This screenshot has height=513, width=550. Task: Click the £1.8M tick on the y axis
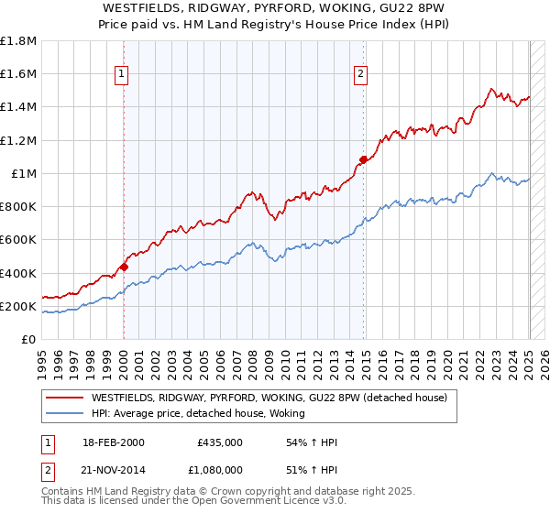(18, 41)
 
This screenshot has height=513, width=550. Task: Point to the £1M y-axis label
(24, 173)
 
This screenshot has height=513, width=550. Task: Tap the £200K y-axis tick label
(18, 306)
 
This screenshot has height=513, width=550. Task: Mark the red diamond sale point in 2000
(124, 267)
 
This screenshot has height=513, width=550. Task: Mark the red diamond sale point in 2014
(363, 159)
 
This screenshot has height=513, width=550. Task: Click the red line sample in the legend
(63, 398)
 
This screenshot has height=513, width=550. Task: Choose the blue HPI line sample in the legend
(63, 413)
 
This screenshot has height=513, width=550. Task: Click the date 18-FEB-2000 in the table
(113, 442)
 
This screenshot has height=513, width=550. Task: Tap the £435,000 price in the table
(220, 442)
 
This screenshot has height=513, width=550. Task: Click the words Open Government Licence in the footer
(242, 501)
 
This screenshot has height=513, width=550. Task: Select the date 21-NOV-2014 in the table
(114, 468)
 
